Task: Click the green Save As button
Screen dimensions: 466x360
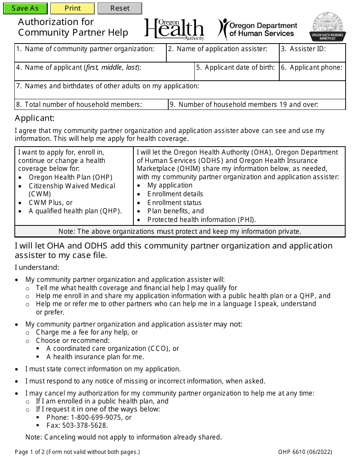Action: tap(25, 8)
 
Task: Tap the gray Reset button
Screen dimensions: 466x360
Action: tap(120, 8)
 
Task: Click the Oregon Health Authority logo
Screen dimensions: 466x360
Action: tap(174, 29)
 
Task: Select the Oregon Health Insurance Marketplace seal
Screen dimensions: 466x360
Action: tap(327, 27)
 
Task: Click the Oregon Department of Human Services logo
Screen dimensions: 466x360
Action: tap(258, 29)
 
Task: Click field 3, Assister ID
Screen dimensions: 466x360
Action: tap(312, 56)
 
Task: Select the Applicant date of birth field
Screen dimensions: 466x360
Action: tap(237, 75)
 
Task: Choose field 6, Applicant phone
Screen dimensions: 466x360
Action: tap(312, 75)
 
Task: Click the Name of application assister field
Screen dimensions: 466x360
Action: tap(222, 56)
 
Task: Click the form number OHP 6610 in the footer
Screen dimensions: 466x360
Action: tap(305, 452)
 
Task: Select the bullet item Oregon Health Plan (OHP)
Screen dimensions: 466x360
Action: tap(70, 177)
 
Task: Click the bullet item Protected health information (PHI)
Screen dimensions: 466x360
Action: tap(202, 220)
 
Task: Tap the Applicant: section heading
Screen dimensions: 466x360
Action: tap(35, 118)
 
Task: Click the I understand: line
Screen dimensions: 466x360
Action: tap(37, 267)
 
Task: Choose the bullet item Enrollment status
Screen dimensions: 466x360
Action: tap(174, 203)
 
